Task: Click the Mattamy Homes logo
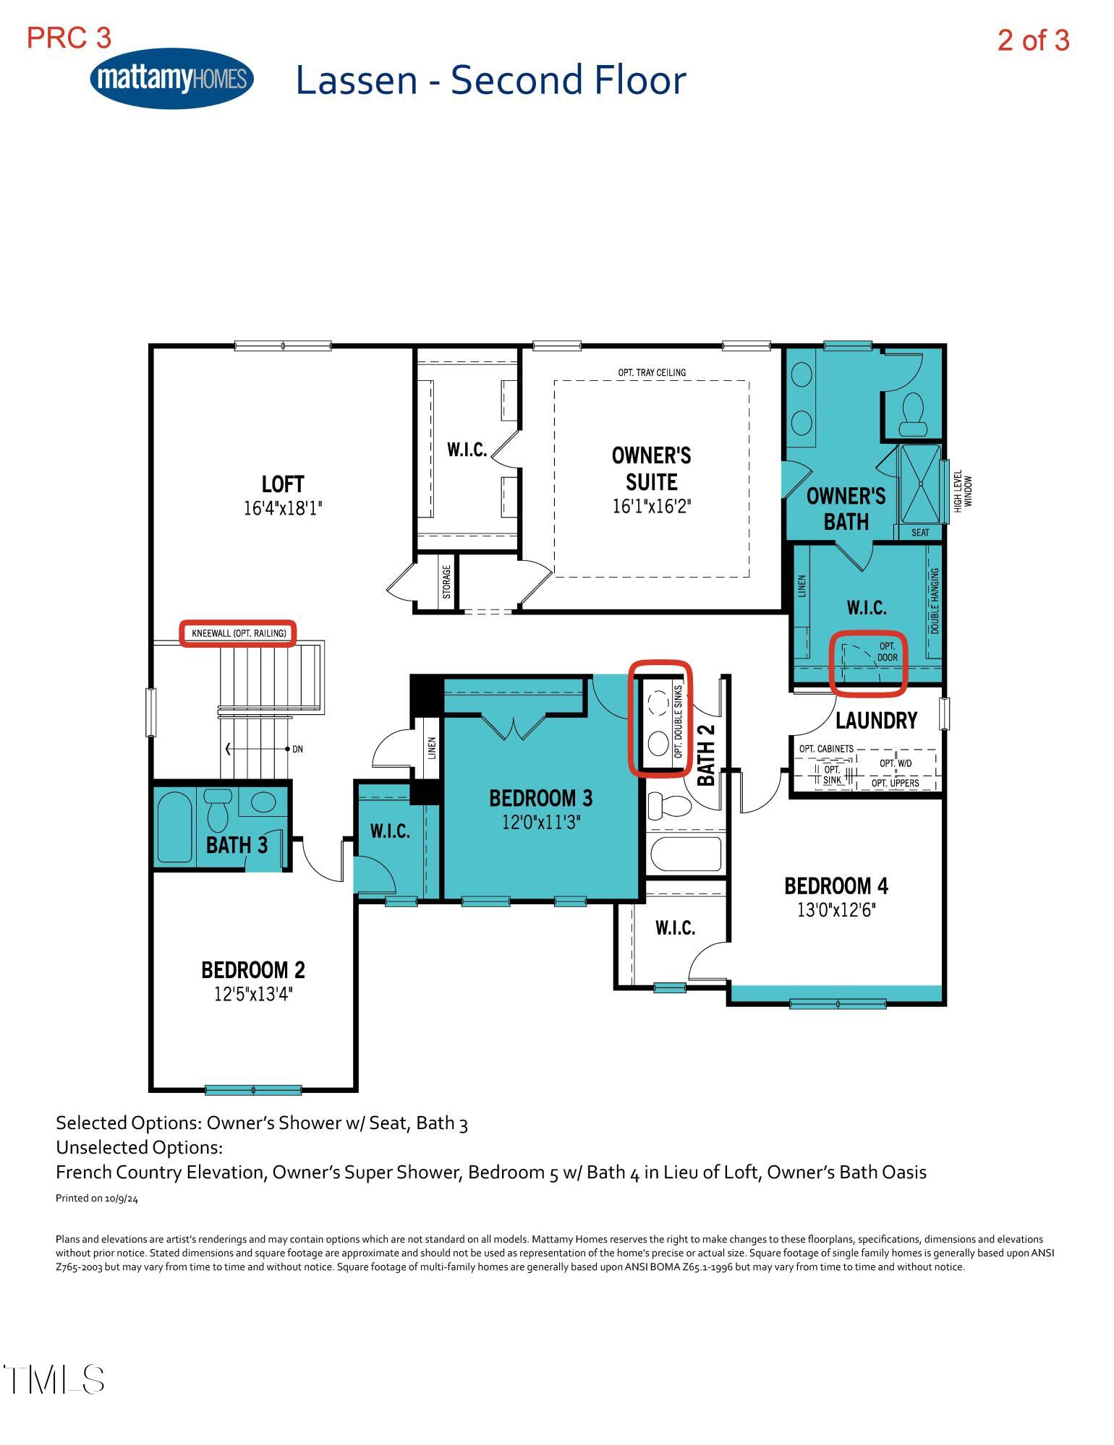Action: pos(171,78)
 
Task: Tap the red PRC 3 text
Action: pos(69,38)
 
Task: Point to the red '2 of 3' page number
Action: pos(1032,40)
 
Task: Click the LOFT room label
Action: pos(282,484)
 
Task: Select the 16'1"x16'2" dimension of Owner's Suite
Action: pos(651,506)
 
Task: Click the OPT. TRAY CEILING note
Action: pos(651,372)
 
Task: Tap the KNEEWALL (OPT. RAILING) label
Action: pos(239,634)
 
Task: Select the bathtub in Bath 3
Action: pos(174,826)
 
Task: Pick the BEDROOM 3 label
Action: pos(540,798)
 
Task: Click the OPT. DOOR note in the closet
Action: pos(887,651)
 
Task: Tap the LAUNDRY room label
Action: pos(876,720)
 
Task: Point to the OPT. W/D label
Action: pos(895,763)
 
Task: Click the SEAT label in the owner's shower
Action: pos(920,533)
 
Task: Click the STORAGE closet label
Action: pos(446,582)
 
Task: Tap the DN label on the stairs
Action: pos(297,750)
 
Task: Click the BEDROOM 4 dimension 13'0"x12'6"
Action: pos(835,910)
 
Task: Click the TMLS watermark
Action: pos(54,1380)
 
